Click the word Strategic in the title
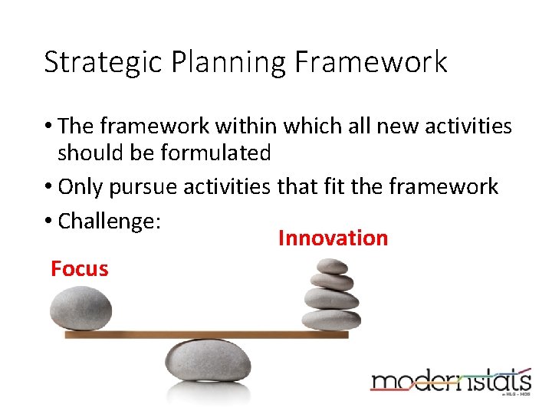(97, 63)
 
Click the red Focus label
(79, 269)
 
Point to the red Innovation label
(333, 238)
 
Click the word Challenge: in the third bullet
(109, 221)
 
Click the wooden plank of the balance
(207, 334)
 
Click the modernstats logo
(451, 381)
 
